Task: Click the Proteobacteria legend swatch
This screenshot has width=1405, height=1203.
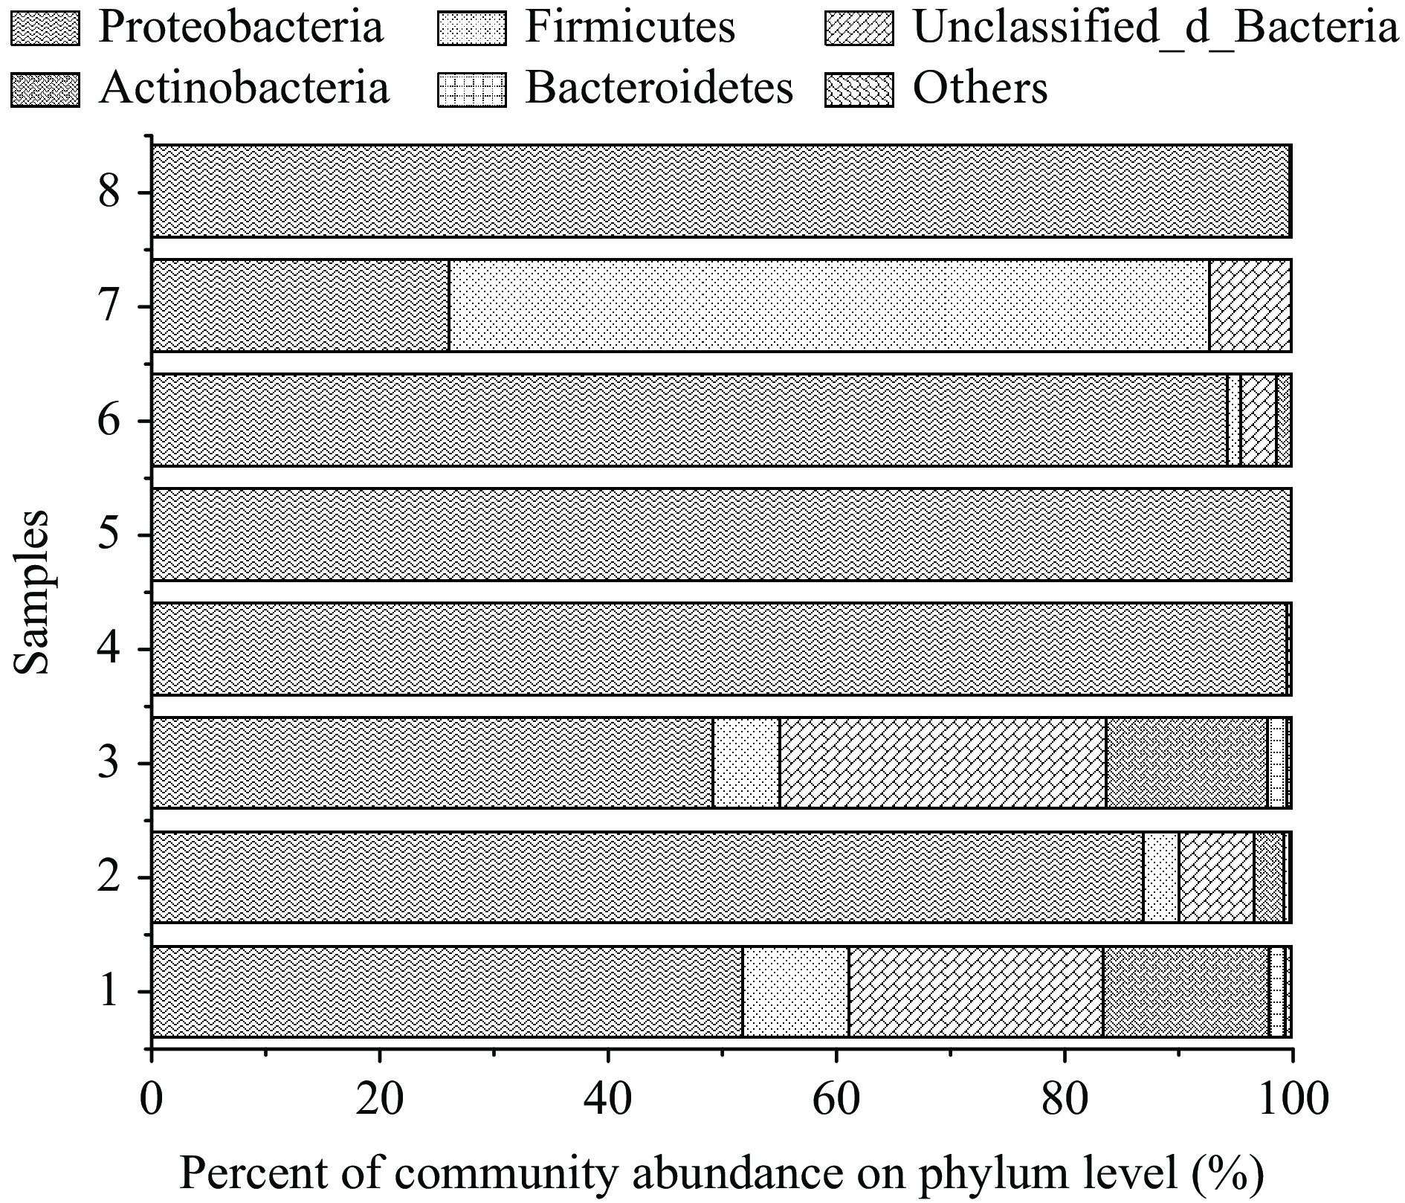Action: (x=45, y=28)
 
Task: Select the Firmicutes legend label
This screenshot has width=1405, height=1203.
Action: (x=629, y=28)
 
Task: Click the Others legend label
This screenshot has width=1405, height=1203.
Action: (x=980, y=88)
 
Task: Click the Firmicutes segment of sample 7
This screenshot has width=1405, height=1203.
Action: (x=829, y=305)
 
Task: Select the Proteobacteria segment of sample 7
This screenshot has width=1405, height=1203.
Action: (x=300, y=305)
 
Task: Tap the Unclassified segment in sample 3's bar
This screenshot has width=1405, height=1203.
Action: (x=943, y=762)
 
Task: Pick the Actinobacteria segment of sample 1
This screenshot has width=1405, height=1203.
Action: (x=1186, y=991)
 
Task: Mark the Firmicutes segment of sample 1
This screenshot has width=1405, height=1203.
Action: (x=795, y=991)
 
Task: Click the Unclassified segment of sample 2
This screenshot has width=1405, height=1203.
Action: (x=1216, y=877)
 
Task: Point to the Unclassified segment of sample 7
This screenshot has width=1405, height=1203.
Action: (x=1250, y=305)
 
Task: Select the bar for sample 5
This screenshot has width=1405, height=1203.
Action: (x=721, y=534)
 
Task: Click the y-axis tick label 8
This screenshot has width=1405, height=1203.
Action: (x=109, y=193)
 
